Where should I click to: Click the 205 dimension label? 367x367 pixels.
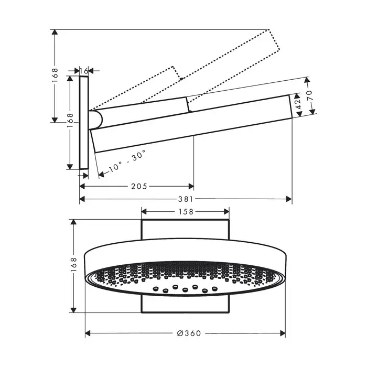139,186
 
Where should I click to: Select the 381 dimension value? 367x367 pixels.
186,199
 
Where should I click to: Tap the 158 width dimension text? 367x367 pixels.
186,212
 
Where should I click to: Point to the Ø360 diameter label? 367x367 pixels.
189,333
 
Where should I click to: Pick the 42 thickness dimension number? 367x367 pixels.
298,104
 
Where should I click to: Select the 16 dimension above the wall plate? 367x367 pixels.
84,71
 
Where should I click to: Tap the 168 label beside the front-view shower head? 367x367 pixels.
73,264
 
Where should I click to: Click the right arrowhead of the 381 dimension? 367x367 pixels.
289,199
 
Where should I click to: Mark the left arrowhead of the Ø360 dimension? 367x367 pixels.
88,333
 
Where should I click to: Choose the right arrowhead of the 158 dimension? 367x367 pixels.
226,212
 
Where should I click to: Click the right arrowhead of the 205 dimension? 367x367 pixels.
191,186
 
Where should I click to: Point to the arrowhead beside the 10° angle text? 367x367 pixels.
101,174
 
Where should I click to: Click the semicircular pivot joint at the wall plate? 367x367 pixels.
95,120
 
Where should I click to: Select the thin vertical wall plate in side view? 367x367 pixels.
84,122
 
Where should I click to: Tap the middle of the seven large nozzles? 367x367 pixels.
185,290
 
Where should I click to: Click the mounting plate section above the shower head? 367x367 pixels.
185,230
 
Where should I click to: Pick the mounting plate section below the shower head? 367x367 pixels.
185,304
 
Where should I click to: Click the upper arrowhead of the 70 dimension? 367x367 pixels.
307,80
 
